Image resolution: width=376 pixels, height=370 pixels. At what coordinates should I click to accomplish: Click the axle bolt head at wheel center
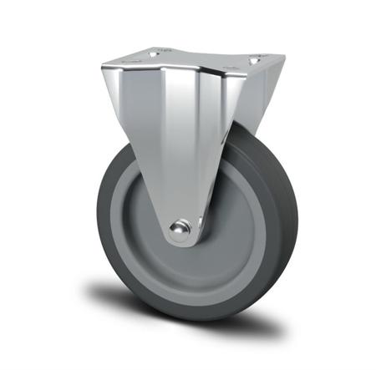point(178,228)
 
